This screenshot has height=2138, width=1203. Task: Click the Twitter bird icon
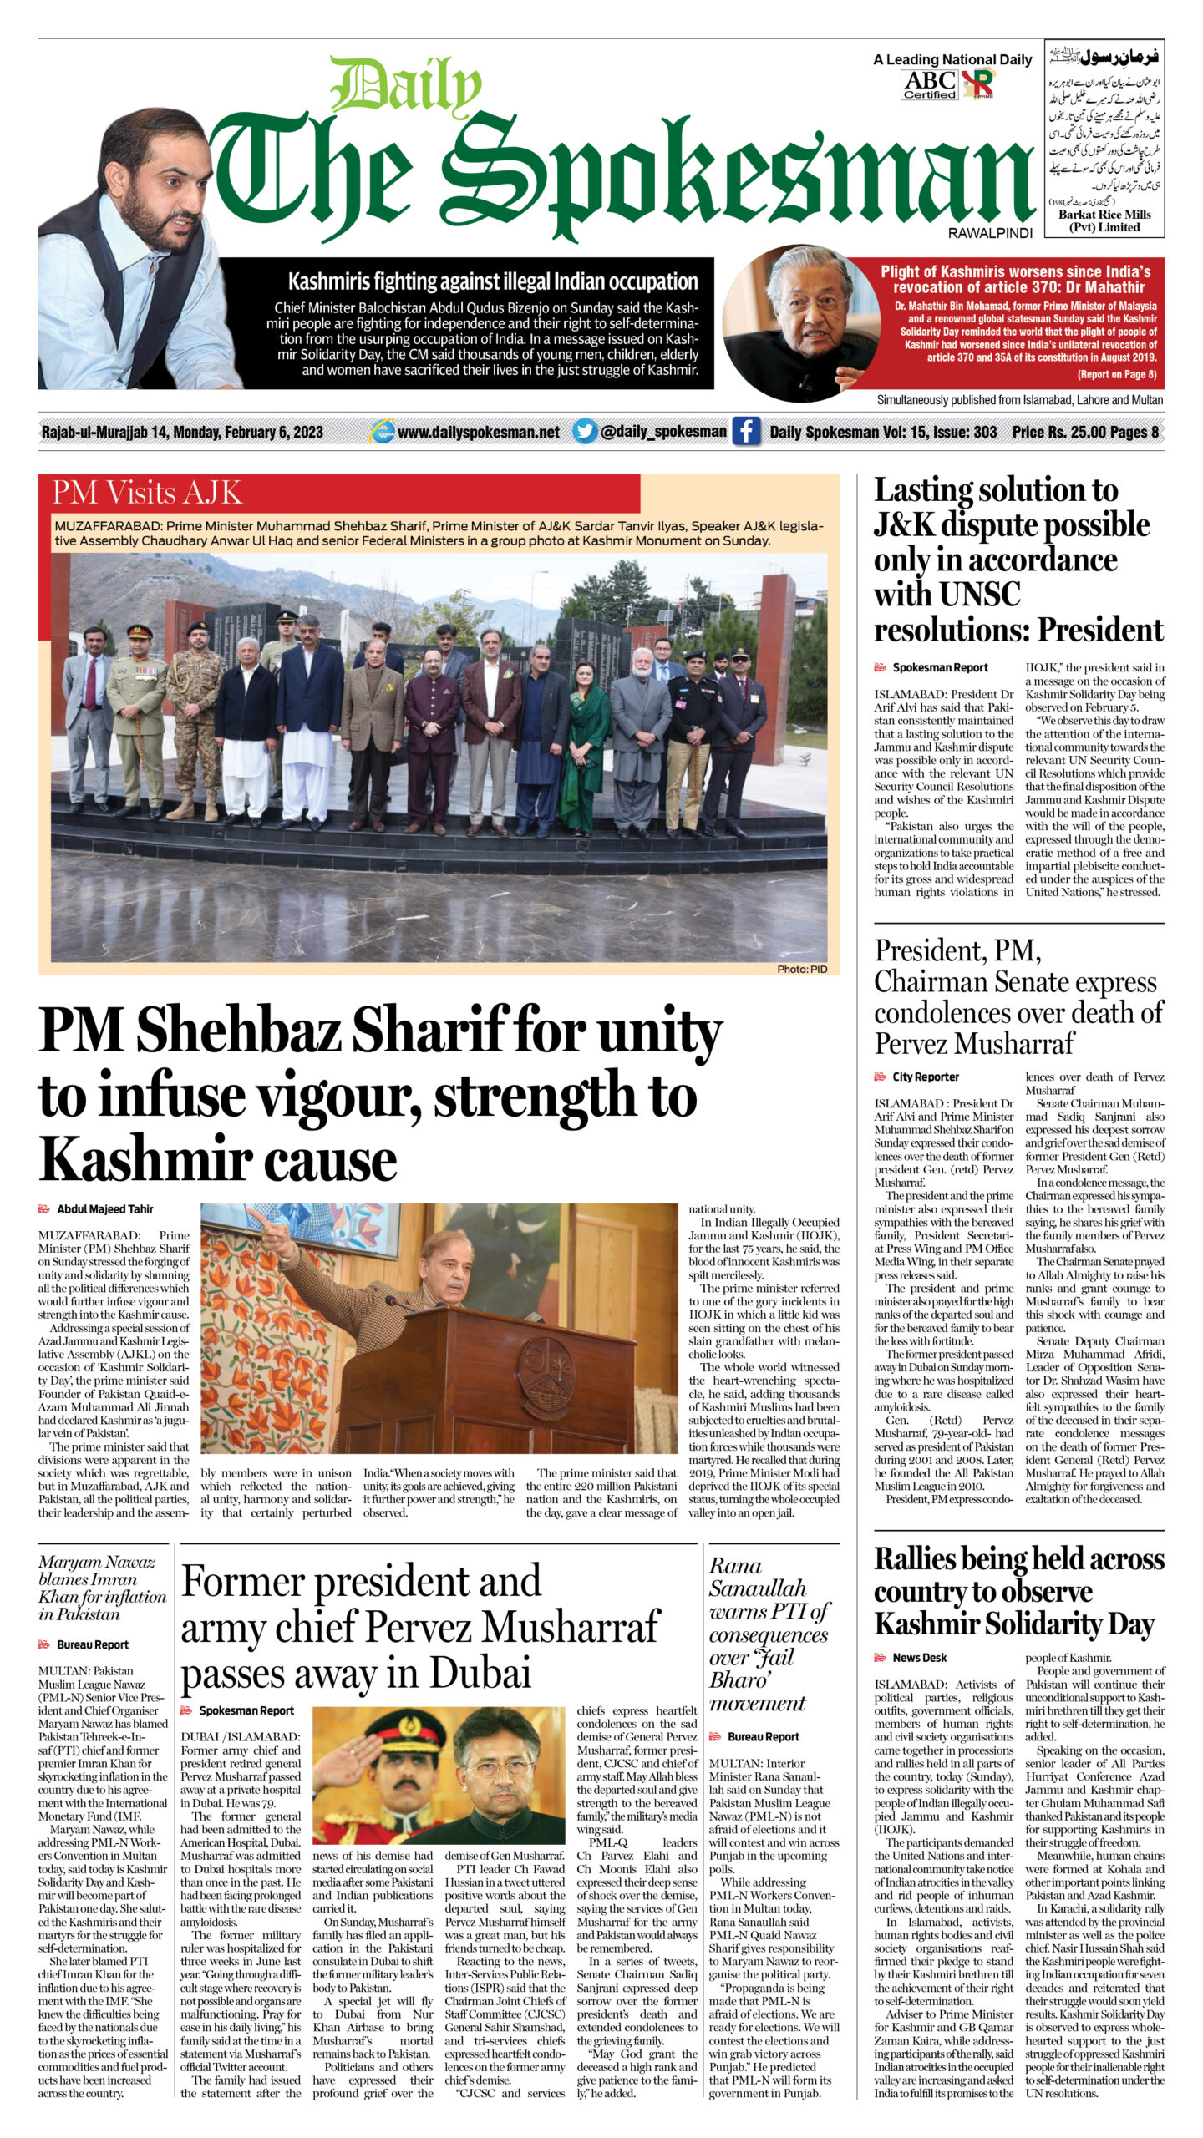pos(585,431)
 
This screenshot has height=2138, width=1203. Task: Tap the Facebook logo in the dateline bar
pos(746,431)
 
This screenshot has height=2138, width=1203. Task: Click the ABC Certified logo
pos(930,84)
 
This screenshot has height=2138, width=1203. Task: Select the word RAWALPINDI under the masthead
pos(990,234)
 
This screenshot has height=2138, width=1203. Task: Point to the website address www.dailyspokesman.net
pos(478,432)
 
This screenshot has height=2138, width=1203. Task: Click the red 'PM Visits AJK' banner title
pos(147,493)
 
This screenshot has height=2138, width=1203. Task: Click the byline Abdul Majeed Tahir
pos(104,1208)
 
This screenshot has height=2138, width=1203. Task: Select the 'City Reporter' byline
pos(925,1077)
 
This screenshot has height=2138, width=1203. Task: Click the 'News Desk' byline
pos(919,1657)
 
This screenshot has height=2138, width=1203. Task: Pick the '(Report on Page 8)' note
pos(1116,374)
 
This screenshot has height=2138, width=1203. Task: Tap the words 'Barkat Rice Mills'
pos(1104,215)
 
